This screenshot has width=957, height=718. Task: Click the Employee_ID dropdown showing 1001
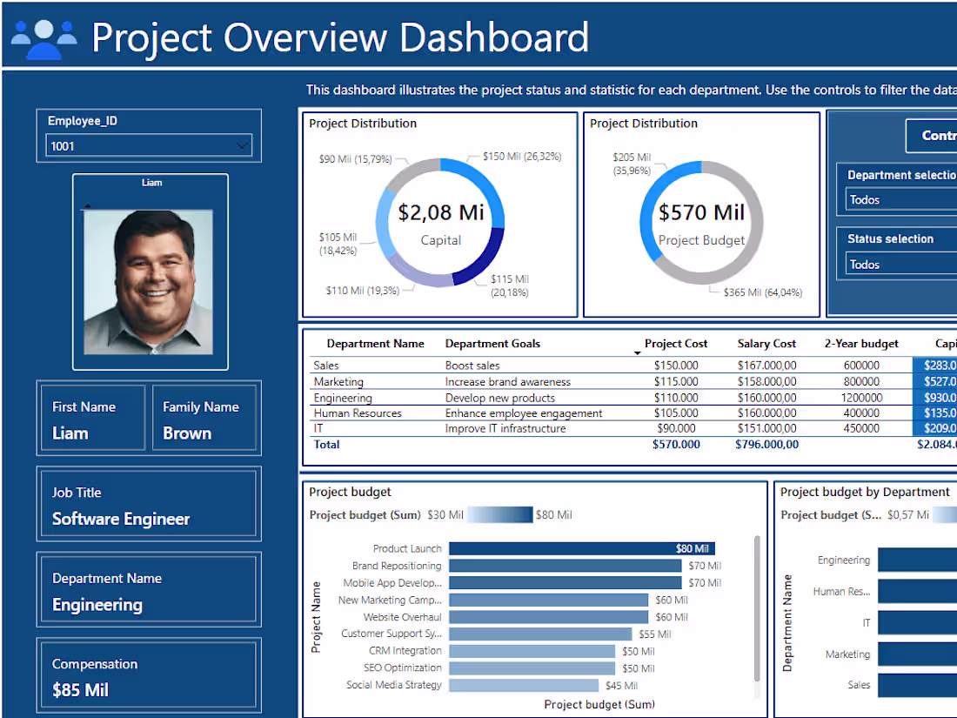coord(148,146)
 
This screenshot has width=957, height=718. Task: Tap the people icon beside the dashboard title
coord(43,38)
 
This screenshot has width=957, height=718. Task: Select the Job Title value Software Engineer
coord(121,519)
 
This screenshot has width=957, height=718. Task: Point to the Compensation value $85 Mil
coord(80,690)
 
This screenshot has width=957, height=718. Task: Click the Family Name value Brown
coord(187,433)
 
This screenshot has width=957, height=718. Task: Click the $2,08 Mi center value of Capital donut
coord(441,212)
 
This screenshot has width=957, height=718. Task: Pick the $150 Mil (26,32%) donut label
coord(521,157)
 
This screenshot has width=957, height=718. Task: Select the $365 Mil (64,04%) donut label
coord(763,292)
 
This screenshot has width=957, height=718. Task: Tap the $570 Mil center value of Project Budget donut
coord(701,212)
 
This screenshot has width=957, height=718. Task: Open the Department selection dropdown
coord(900,199)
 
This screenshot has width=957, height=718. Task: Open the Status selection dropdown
coord(900,265)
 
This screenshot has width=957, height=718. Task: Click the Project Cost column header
coord(676,344)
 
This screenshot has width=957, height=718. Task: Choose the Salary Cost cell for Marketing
coord(766,381)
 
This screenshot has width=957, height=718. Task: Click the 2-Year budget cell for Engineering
coord(860,398)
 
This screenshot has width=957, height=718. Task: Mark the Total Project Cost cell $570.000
coord(676,445)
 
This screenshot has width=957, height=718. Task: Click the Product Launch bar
coord(581,548)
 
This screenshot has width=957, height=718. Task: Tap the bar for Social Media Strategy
coord(524,685)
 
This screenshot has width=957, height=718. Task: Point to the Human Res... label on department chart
coord(841,592)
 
